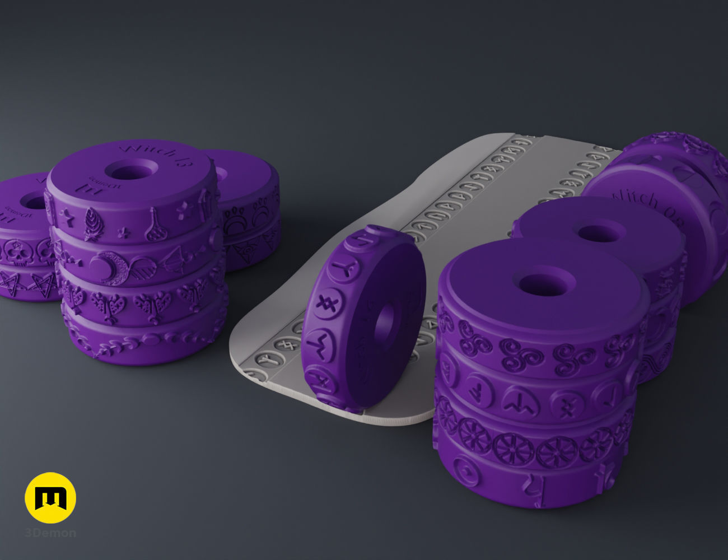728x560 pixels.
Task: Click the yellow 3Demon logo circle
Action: [x=50, y=498]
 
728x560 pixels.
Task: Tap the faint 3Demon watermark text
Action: [x=50, y=533]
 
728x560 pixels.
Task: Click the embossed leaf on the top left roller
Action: [x=92, y=222]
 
